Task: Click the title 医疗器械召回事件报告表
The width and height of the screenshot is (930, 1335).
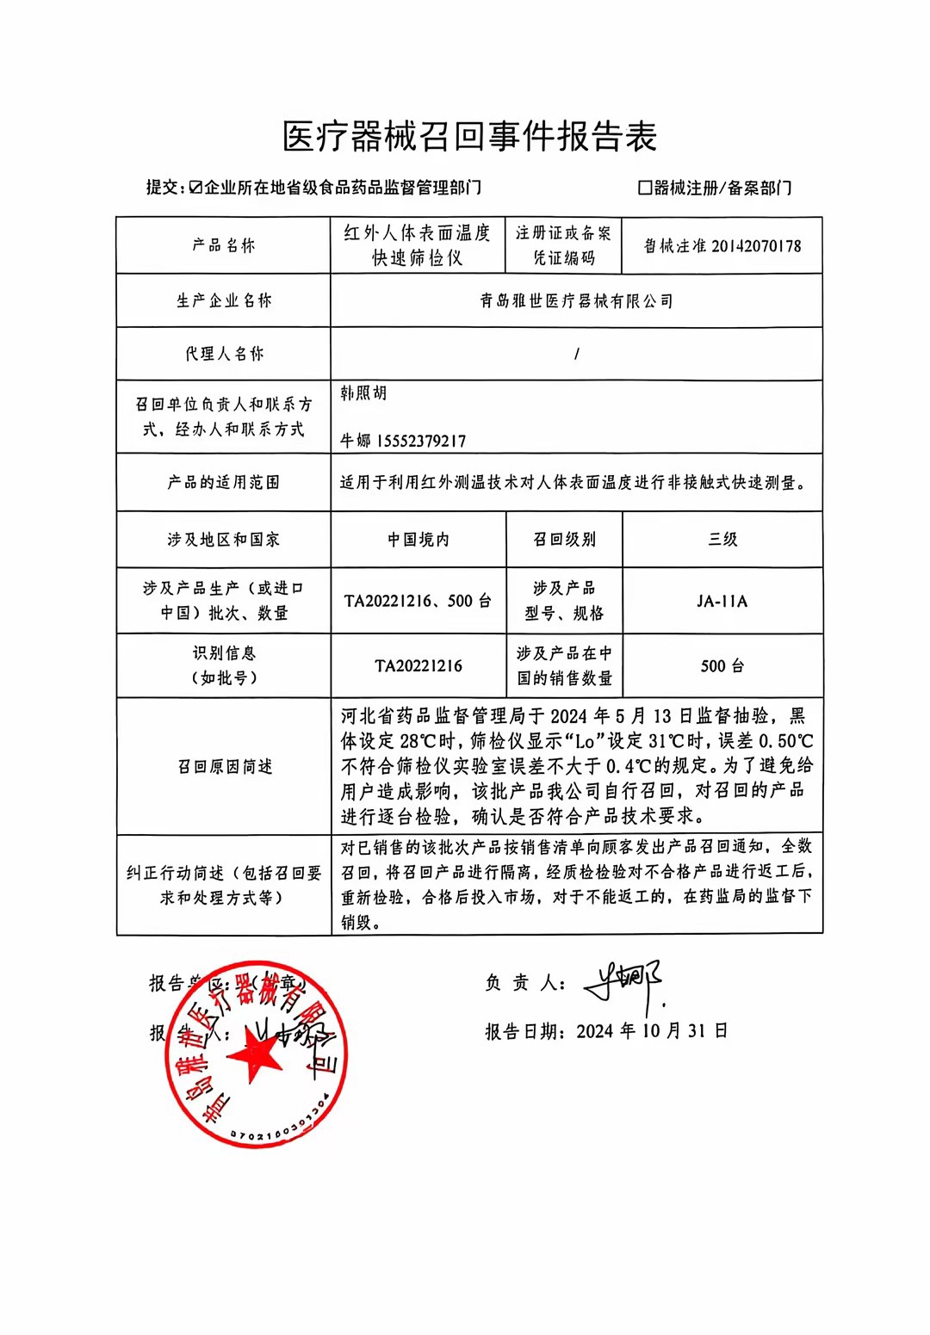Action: (x=470, y=136)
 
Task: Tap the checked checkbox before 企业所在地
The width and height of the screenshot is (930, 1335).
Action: (x=195, y=187)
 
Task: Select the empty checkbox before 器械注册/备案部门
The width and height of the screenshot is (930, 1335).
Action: (x=644, y=187)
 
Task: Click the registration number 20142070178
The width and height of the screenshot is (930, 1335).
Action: (x=756, y=246)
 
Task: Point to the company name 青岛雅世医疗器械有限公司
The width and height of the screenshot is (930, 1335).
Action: (x=576, y=300)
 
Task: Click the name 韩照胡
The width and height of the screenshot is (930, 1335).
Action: (x=363, y=393)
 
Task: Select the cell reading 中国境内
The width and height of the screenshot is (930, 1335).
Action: (x=418, y=540)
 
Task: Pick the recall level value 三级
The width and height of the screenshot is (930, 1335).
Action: (x=722, y=540)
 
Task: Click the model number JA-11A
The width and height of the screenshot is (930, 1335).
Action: (x=722, y=601)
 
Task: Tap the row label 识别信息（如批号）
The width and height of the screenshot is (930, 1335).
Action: (x=224, y=665)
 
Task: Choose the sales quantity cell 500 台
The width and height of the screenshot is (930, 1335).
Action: (x=722, y=665)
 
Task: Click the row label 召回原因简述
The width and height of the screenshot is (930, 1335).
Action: (x=224, y=766)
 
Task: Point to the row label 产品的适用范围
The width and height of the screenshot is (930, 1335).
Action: (x=224, y=482)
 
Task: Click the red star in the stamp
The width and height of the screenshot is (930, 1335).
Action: (x=255, y=1054)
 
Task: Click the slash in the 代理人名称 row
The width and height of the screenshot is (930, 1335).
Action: (x=576, y=354)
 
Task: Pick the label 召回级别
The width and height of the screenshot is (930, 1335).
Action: (x=564, y=540)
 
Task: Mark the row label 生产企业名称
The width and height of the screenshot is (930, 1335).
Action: (x=224, y=300)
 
